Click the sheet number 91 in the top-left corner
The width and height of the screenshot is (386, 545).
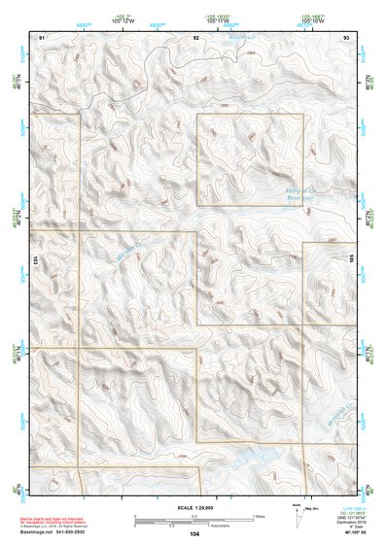point(41,36)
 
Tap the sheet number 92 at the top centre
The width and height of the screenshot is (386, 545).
point(195,36)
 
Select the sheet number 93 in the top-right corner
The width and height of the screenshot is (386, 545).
point(346,36)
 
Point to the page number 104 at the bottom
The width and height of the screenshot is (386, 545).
point(195,533)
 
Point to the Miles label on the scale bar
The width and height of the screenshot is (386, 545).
point(259,516)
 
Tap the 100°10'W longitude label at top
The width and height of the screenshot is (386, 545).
point(311,20)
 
